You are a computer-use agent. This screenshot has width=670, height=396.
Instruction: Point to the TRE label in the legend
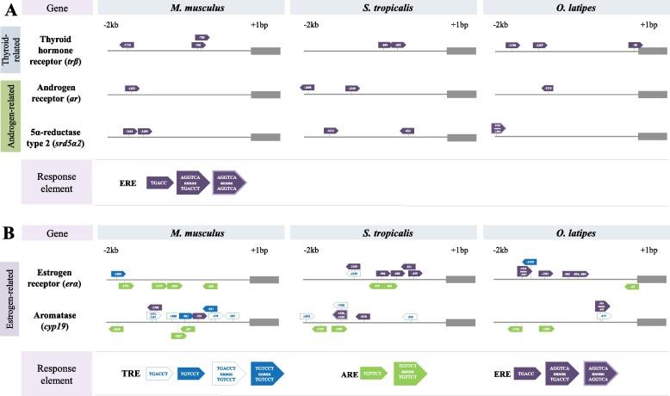pos(132,374)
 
